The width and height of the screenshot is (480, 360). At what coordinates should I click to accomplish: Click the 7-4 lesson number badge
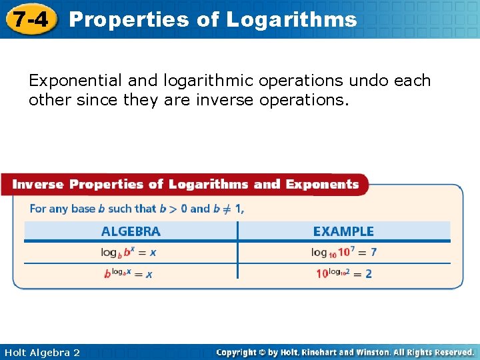[x=29, y=19]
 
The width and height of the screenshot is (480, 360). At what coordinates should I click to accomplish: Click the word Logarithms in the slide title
[x=291, y=19]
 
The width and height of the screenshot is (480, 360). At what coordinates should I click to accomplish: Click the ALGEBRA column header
[x=131, y=232]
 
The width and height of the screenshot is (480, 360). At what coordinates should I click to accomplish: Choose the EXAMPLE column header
[x=343, y=232]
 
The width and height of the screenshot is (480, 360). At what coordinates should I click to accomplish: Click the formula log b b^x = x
[x=129, y=252]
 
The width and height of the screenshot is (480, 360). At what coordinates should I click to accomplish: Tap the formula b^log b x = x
[x=128, y=273]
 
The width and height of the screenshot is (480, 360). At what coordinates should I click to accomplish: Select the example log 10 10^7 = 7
[x=343, y=252]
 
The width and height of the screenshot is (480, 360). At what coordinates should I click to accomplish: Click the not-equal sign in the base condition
[x=227, y=209]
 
